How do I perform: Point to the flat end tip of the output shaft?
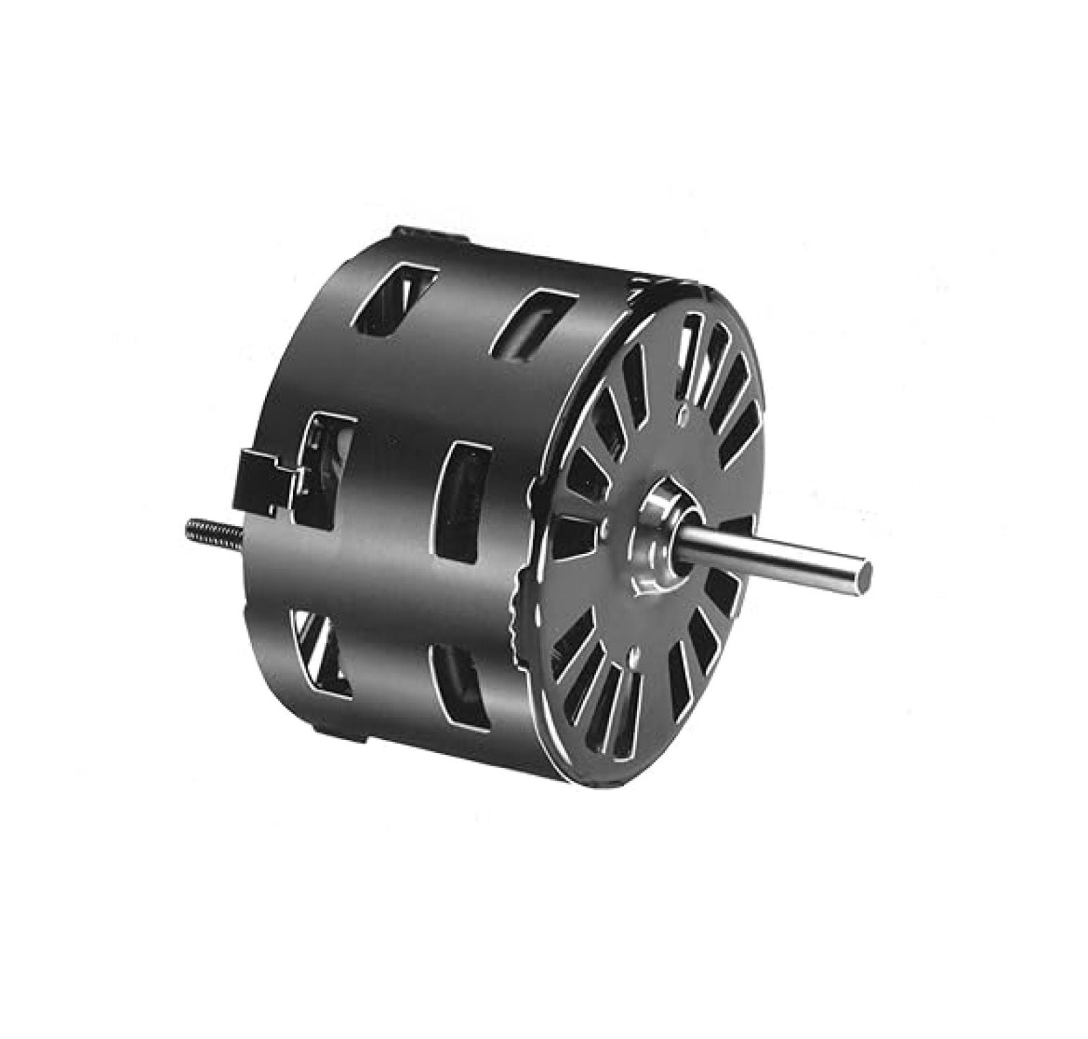tap(864, 567)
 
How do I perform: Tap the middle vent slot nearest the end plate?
tap(465, 503)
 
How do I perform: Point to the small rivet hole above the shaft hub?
tap(681, 410)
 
